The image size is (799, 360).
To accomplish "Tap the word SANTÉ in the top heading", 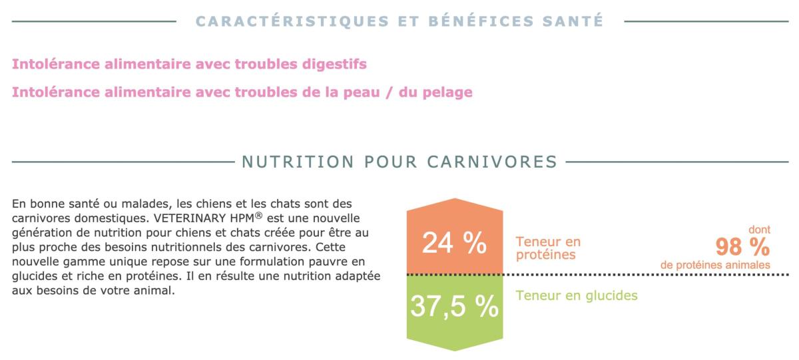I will [569, 21].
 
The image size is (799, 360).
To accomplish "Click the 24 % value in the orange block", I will [454, 244].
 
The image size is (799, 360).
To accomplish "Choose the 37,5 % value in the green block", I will [454, 306].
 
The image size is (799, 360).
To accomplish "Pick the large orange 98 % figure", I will [742, 247].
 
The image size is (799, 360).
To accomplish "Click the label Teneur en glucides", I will [577, 295].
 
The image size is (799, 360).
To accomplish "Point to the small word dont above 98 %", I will [759, 230].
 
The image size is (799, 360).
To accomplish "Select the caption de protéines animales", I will [715, 265].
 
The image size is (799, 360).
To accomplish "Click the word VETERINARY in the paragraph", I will [184, 218].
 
